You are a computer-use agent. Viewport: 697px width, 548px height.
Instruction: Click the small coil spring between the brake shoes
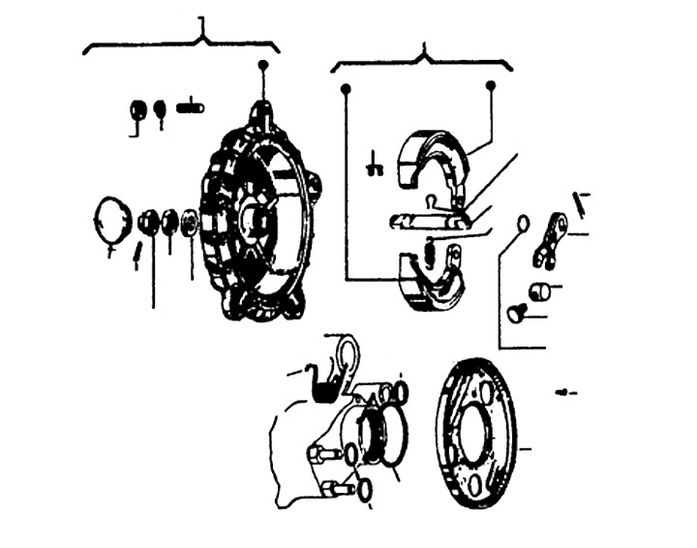[x=430, y=251]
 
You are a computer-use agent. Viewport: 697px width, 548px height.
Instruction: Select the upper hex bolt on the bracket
[x=321, y=452]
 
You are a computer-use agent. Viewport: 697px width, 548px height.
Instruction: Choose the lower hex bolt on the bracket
[x=334, y=489]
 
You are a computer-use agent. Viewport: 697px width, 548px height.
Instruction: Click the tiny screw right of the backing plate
[x=566, y=392]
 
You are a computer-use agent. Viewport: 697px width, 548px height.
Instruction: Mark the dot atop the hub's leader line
[x=262, y=65]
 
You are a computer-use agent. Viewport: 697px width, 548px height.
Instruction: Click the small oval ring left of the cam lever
[x=523, y=224]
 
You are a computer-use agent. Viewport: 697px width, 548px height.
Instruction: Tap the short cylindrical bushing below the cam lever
[x=540, y=289]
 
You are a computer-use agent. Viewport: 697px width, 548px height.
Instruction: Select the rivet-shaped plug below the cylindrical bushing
[x=516, y=313]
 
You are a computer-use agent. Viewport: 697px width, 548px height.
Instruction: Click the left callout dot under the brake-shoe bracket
[x=345, y=89]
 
